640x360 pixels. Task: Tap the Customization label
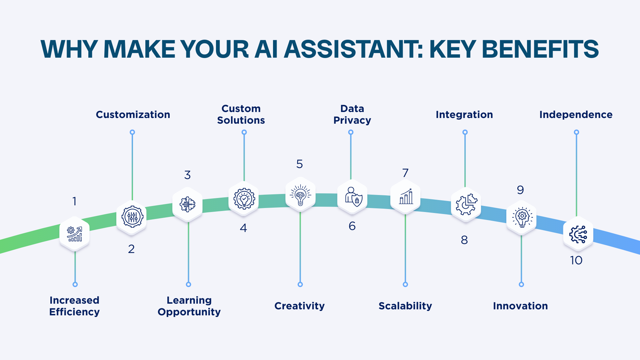(133, 115)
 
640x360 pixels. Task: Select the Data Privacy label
(352, 114)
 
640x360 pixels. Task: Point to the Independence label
(576, 115)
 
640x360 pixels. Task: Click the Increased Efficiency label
(74, 306)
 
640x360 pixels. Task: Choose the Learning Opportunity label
(189, 306)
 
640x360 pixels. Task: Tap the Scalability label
(405, 306)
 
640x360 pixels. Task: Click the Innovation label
(520, 306)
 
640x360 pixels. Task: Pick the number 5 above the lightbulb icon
(299, 164)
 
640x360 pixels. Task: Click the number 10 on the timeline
(576, 260)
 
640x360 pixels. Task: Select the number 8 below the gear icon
(464, 240)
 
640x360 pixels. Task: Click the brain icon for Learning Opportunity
(187, 204)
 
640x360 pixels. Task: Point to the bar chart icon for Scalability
(406, 197)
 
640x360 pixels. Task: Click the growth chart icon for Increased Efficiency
(74, 234)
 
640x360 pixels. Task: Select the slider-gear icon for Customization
(132, 217)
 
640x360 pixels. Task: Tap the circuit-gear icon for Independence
(578, 234)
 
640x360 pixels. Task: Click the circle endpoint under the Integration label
(465, 132)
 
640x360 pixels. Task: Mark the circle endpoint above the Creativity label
(300, 284)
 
